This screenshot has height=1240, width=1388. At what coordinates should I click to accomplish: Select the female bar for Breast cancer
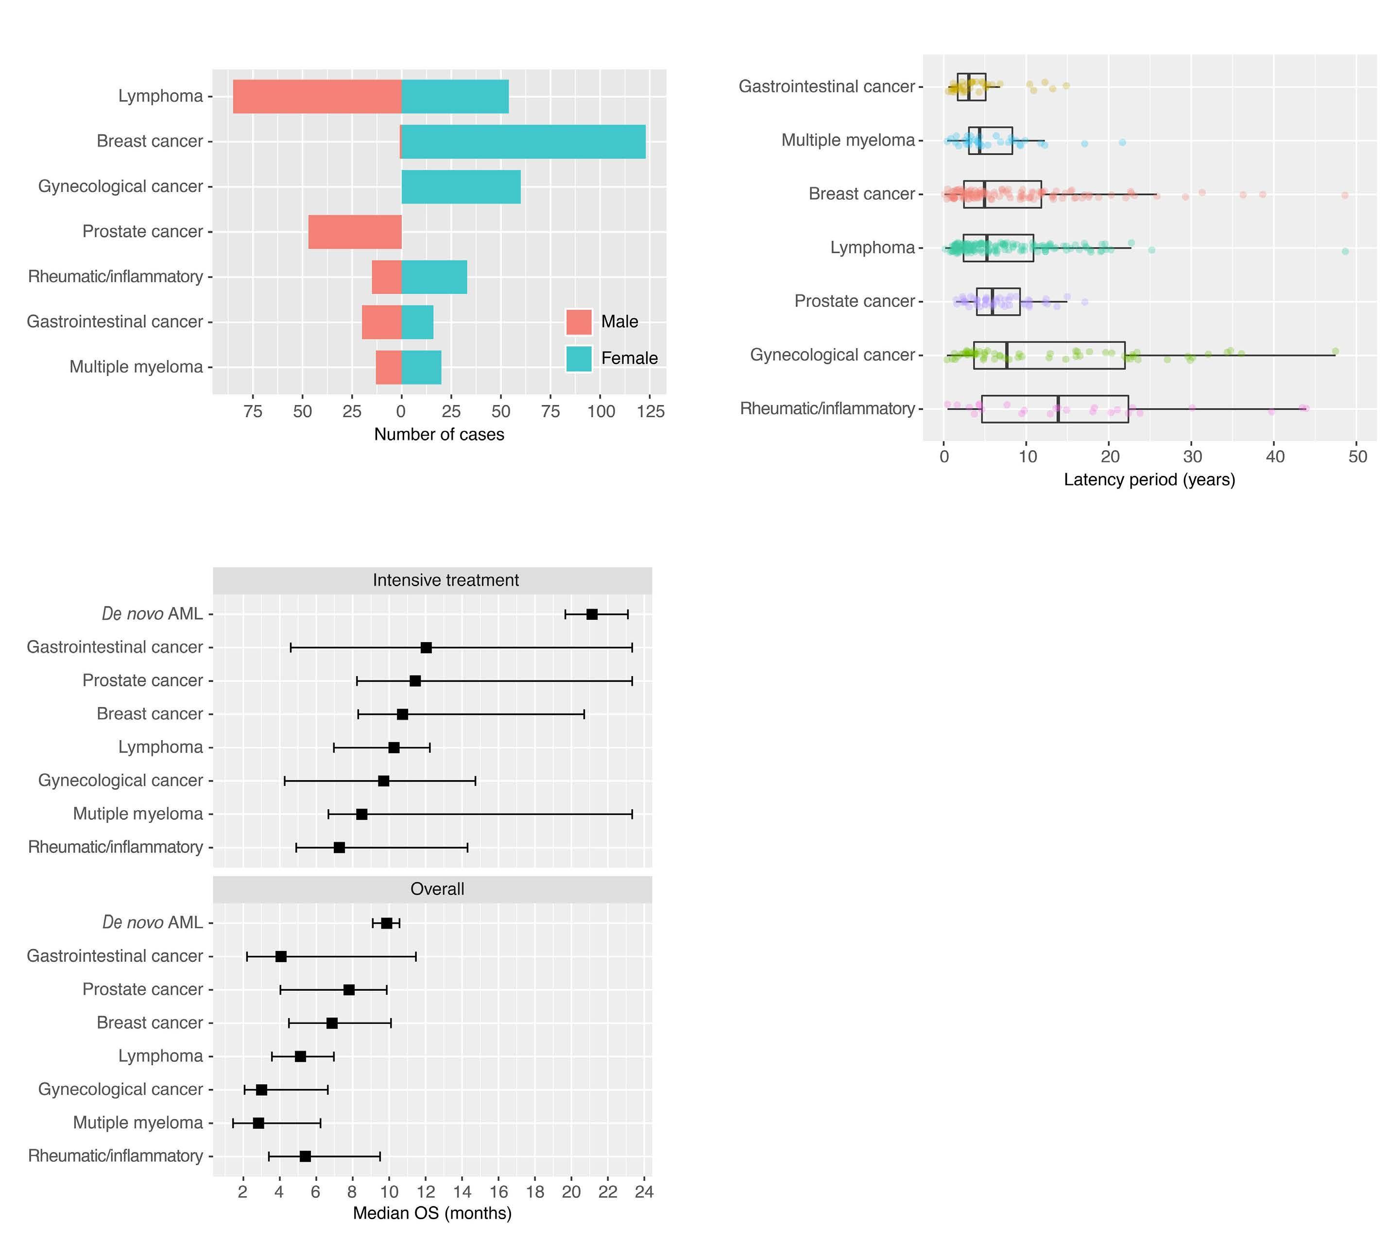click(523, 142)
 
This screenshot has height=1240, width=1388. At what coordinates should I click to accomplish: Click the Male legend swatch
click(579, 322)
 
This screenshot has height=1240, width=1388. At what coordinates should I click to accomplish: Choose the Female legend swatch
click(579, 358)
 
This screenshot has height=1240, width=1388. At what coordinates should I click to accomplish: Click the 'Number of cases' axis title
click(439, 435)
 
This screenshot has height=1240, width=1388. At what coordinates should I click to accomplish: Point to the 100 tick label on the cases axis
click(601, 411)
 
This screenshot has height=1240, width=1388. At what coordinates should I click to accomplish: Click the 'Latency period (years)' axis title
click(1149, 480)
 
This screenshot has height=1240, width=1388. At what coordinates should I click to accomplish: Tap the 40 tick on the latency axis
click(1274, 457)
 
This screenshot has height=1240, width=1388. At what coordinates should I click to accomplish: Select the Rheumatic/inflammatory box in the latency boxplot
click(1055, 409)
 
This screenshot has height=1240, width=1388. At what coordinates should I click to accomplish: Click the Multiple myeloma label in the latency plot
click(848, 140)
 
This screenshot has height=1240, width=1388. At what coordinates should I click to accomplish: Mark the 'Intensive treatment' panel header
click(446, 580)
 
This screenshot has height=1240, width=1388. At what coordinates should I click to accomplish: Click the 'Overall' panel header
click(437, 889)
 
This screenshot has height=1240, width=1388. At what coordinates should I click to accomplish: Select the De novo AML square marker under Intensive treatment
click(591, 614)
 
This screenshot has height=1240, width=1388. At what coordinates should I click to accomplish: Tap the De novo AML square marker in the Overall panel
click(386, 923)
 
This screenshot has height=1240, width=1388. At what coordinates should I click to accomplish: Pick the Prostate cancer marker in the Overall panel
click(349, 989)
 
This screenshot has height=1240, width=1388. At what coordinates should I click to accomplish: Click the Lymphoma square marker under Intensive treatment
click(394, 747)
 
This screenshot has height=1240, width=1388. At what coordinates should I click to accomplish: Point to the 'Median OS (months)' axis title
click(432, 1213)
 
